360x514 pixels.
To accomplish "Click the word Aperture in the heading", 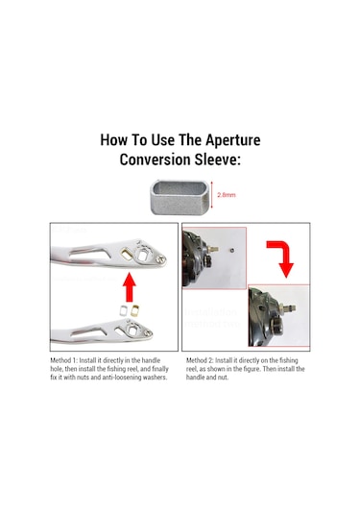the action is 233,140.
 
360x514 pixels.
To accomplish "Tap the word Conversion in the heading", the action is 155,159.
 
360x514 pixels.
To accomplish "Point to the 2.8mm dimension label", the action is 227,195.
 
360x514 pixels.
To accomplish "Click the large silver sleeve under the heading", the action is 180,197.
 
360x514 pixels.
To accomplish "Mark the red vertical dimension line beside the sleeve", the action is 212,195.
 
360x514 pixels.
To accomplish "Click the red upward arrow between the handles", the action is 130,287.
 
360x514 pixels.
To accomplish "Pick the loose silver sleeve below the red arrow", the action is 124,310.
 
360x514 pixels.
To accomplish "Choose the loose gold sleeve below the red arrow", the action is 135,310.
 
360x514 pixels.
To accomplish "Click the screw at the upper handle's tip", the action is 160,259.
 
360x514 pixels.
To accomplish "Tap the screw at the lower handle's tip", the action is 148,333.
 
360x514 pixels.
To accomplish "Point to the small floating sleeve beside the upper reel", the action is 231,250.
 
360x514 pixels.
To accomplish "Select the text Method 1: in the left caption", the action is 64,360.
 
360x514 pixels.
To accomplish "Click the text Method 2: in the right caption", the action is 200,360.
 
